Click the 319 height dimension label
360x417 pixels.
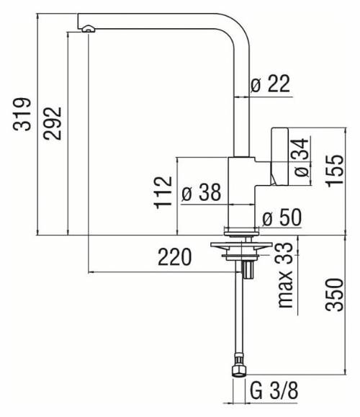(24, 115)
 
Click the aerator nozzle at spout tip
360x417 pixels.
(87, 28)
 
